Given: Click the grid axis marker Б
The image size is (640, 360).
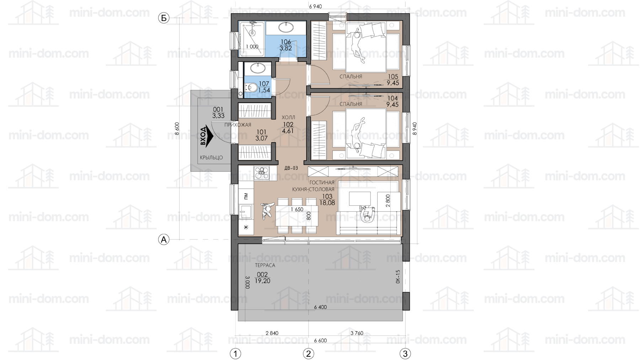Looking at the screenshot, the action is point(164,18).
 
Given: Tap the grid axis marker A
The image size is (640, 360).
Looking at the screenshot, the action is point(164,240).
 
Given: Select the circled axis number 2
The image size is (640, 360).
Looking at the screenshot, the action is point(308,354).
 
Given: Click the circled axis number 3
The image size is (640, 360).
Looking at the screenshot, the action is point(405,354).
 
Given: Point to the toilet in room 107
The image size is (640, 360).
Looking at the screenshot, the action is point(251,87).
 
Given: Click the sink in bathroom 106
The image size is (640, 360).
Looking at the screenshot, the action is point(286,27).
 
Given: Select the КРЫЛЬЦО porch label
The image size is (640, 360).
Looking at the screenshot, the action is point(211,157).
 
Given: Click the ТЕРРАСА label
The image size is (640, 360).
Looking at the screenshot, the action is point(265,265).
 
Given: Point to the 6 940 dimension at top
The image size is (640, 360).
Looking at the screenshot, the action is point(315,6).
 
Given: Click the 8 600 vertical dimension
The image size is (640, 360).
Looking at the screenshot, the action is point(177,129).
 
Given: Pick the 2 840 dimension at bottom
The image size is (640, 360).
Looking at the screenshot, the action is point(272,333).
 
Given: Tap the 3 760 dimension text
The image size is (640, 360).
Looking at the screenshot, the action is point(357,333).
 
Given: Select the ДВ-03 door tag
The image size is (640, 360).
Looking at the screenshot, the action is point(291,168).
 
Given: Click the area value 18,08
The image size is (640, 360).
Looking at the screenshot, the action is point(327,203).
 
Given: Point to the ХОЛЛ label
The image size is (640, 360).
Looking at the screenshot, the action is point(288,117).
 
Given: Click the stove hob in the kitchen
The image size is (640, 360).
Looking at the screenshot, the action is point(262,173).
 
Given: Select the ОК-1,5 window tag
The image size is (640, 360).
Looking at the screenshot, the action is point(398,276).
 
